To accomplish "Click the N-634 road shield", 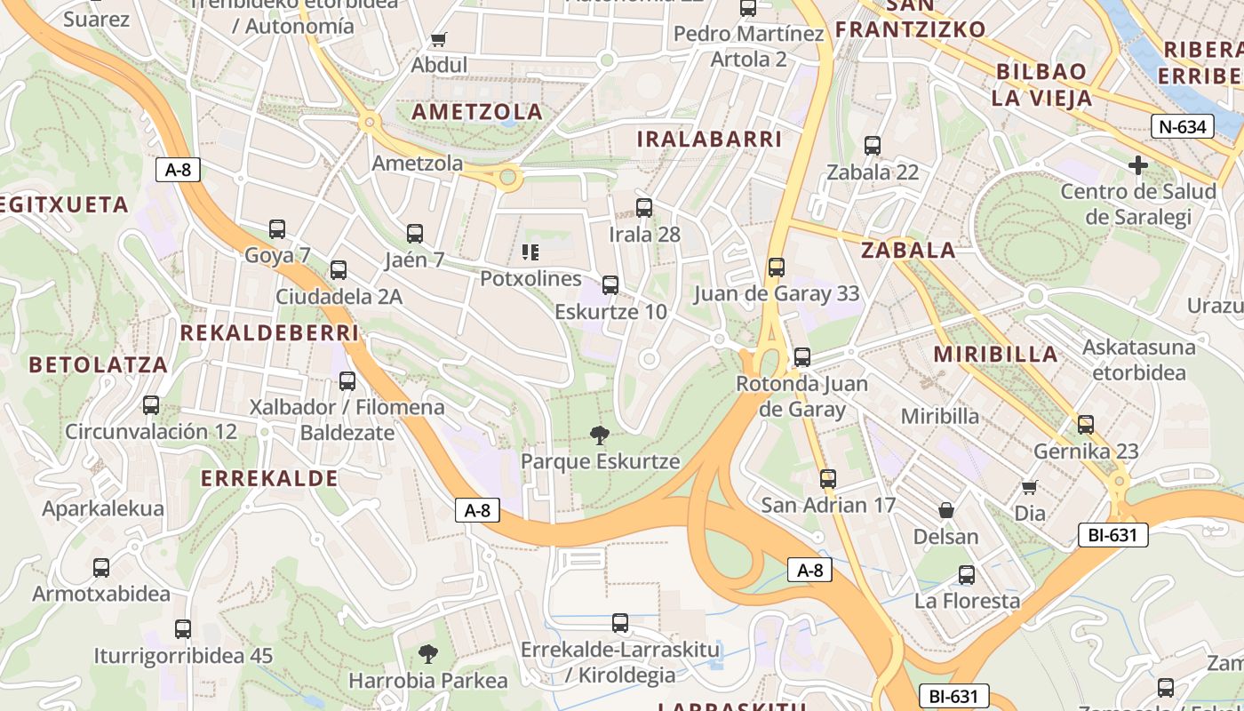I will pos(1183,126).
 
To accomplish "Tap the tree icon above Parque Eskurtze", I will pos(600,435).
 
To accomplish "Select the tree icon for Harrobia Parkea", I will pos(427,654).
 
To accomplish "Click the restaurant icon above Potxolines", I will pos(530,252).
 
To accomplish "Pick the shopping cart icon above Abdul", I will pos(438,39).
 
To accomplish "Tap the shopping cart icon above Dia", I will pos(1030,487).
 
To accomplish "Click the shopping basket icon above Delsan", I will pos(946,510).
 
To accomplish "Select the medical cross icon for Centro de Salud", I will pos(1138,165).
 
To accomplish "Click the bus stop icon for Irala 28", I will pos(644,208).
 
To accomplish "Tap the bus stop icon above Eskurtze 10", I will pos(610,285).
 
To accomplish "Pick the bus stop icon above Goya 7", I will pos(277,229).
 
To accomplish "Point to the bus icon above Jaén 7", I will pos(415,234).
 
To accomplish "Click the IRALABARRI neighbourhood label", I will pos(709,140).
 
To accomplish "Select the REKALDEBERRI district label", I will pos(269,333).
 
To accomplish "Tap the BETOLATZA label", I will pos(98,364).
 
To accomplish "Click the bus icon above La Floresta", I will pos(967,575).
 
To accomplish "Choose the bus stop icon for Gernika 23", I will pos(1085,425).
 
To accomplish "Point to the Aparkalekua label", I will pos(103,509).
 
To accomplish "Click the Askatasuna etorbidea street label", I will pos(1139,359).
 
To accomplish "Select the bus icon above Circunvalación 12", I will pos(151,405).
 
